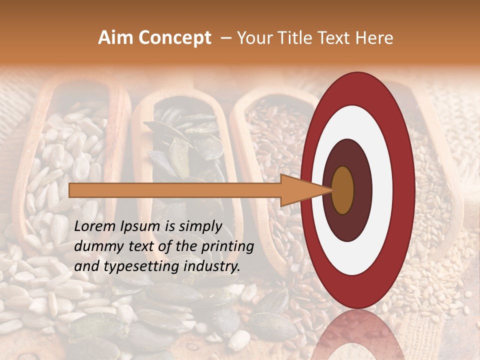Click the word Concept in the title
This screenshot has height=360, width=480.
pyautogui.click(x=174, y=38)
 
